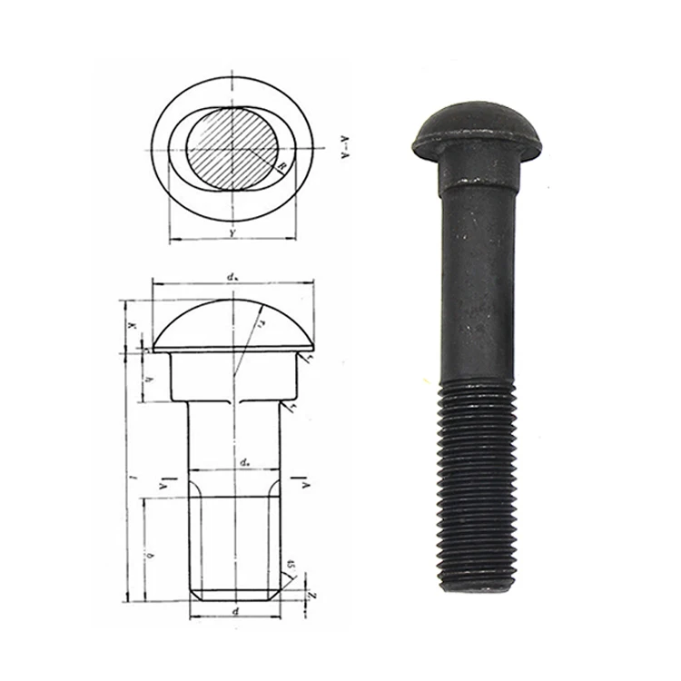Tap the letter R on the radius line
tap(282, 167)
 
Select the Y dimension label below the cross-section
tap(233, 234)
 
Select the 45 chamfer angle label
tap(290, 568)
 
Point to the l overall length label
tap(133, 475)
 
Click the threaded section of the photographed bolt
tap(477, 481)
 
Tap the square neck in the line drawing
tap(233, 377)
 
